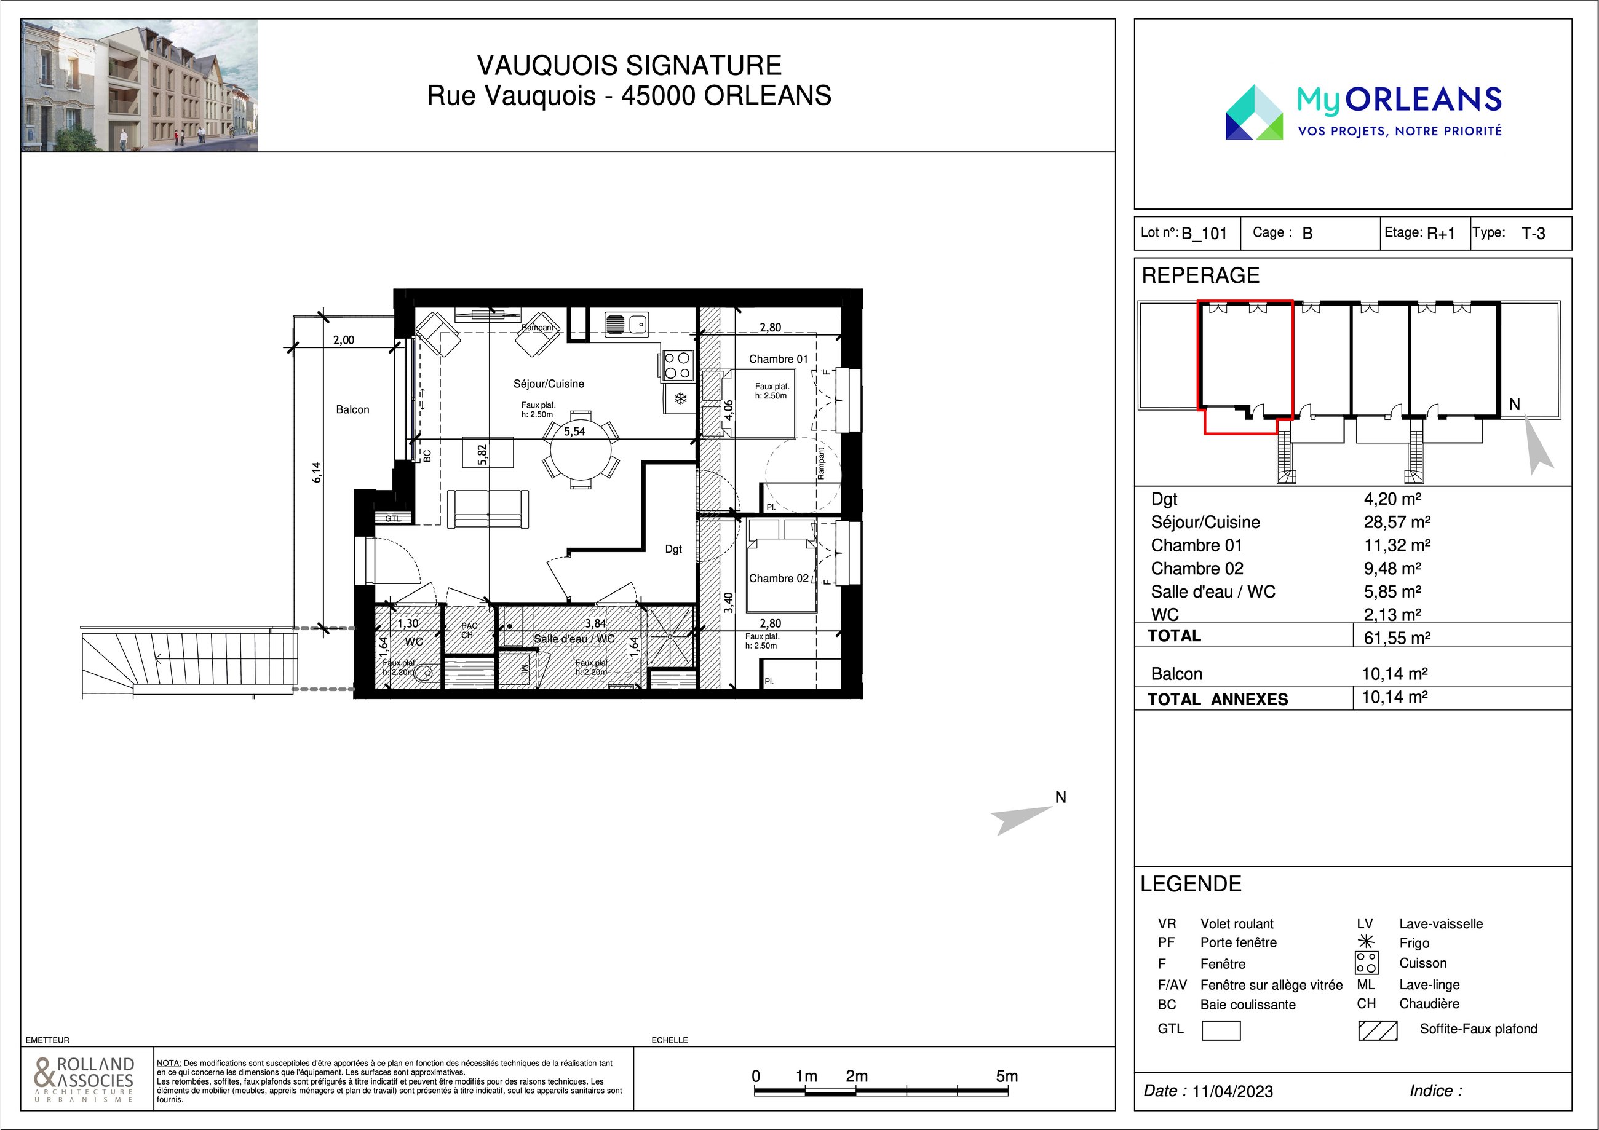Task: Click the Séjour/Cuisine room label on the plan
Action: [x=548, y=384]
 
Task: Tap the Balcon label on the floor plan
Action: [x=352, y=409]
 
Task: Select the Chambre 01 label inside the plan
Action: [x=778, y=358]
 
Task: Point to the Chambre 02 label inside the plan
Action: [x=779, y=578]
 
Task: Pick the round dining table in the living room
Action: [x=581, y=456]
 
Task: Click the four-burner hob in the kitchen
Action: [x=677, y=365]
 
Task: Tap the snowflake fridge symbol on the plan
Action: [x=680, y=399]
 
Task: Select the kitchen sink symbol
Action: [x=627, y=324]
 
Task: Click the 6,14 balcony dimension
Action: [x=317, y=472]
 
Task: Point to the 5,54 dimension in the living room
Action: [x=574, y=432]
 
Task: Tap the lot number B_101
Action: [x=1204, y=233]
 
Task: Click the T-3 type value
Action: [x=1534, y=233]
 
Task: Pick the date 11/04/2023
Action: [x=1232, y=1091]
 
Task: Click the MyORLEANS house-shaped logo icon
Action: [x=1254, y=112]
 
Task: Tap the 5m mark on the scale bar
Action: [x=1007, y=1076]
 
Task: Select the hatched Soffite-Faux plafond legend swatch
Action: [x=1378, y=1030]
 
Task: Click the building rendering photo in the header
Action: [x=139, y=85]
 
